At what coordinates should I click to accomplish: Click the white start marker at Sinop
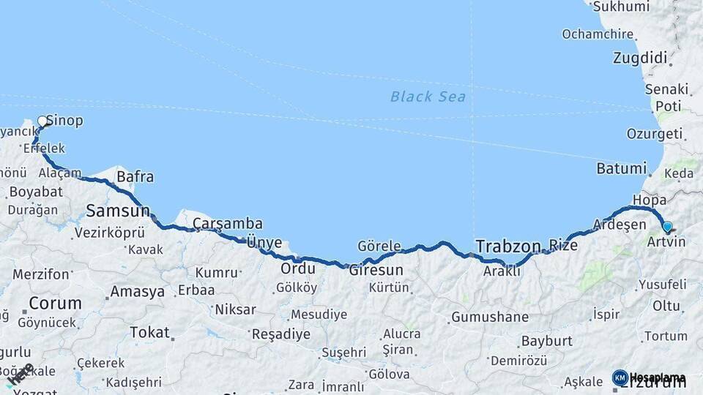click(42, 121)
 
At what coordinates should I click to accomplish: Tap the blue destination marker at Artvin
click(667, 227)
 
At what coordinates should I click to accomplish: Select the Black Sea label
click(428, 97)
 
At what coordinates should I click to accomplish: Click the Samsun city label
click(118, 211)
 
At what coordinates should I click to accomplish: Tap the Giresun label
click(376, 270)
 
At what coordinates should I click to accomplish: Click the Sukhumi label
click(621, 7)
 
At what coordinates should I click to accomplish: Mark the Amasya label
click(137, 292)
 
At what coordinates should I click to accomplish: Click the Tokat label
click(149, 332)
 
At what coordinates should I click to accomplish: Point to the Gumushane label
click(489, 317)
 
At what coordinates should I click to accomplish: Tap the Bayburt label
click(546, 342)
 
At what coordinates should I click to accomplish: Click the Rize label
click(563, 246)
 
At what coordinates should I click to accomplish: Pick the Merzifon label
click(41, 274)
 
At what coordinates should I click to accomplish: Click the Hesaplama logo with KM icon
click(649, 378)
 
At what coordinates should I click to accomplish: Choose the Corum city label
click(55, 303)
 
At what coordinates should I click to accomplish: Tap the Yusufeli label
click(662, 284)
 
